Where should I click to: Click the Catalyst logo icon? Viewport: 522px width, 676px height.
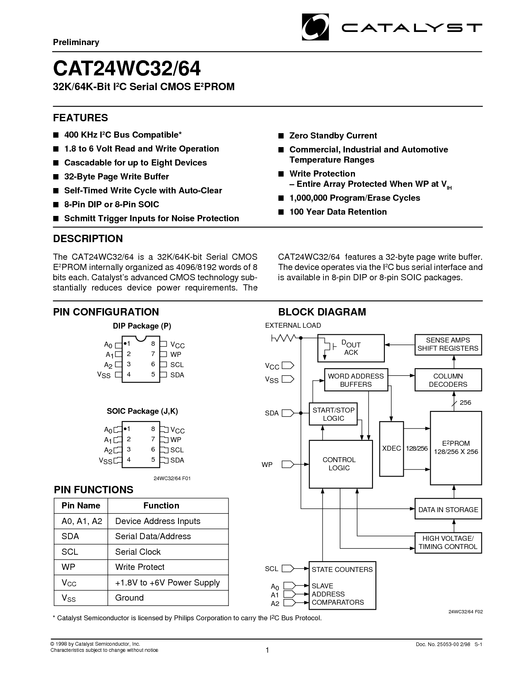315,27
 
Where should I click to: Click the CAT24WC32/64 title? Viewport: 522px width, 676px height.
127,68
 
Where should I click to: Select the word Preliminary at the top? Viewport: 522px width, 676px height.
76,42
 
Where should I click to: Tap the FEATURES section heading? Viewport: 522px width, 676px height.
81,118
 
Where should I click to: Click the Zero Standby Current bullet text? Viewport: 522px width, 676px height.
333,136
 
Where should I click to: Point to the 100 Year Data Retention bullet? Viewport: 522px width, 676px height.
338,212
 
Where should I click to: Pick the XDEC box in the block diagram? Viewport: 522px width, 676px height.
391,449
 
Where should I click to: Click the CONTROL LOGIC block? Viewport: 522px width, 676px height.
341,464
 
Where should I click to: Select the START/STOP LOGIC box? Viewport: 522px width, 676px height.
333,414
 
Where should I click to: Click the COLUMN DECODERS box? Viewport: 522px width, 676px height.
448,380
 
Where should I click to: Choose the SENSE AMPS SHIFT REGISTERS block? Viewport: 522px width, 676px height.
448,345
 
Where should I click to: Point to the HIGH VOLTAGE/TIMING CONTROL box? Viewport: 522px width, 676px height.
448,543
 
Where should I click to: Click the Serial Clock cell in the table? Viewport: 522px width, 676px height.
138,552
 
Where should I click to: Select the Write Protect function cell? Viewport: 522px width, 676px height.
140,567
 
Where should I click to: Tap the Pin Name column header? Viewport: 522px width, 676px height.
81,506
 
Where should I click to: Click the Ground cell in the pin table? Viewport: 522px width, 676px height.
129,598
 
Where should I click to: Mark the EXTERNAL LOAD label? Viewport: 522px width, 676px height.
293,325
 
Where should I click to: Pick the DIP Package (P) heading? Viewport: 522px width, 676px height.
142,326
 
